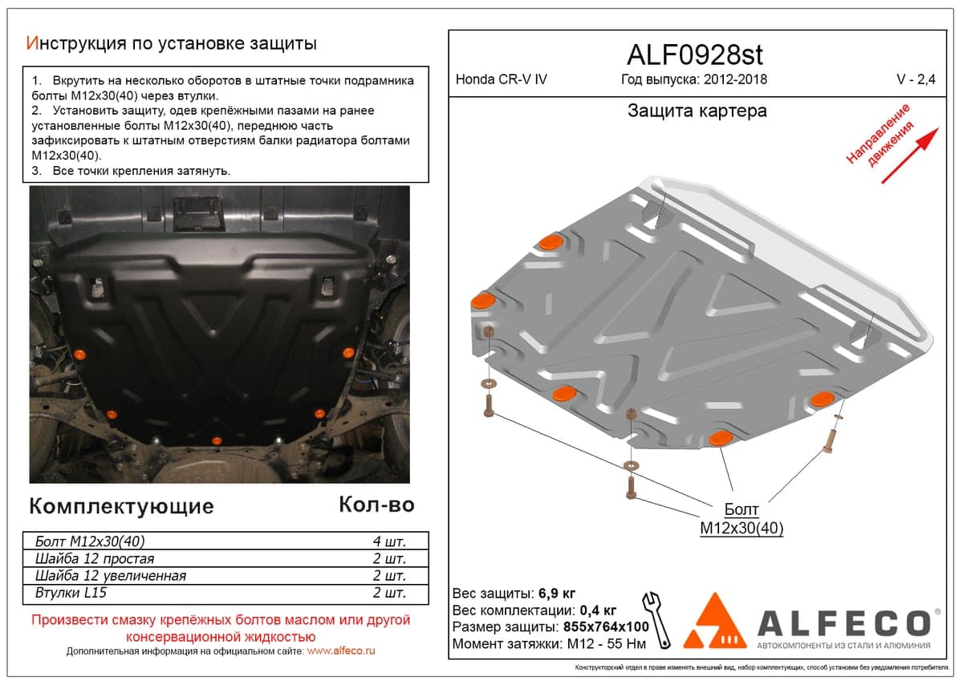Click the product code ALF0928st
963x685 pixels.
click(695, 55)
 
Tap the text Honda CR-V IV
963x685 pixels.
click(502, 79)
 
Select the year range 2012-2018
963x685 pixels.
click(736, 79)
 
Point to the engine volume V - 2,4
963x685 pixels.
click(916, 79)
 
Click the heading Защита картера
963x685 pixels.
click(697, 111)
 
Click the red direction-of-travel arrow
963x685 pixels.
click(910, 156)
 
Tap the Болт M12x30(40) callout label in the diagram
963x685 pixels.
click(742, 519)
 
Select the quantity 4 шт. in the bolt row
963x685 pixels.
click(389, 541)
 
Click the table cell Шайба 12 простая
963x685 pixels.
click(94, 558)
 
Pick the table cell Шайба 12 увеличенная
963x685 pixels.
click(111, 576)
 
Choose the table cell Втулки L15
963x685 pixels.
click(71, 593)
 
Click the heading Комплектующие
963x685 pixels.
click(122, 506)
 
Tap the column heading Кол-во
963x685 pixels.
click(376, 505)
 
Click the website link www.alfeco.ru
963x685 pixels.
click(341, 651)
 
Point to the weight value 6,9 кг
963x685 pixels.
click(557, 594)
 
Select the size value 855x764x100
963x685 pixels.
click(606, 626)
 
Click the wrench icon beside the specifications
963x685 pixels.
click(656, 620)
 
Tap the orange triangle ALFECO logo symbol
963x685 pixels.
click(715, 622)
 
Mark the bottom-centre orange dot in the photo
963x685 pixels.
click(217, 441)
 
